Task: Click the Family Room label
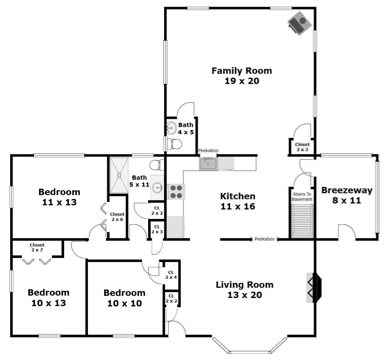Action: point(242,76)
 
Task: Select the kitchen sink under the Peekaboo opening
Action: point(208,164)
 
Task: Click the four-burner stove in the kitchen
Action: point(176,192)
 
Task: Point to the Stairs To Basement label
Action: point(302,197)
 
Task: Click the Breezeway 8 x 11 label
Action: point(347,195)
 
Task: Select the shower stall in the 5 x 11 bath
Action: point(119,175)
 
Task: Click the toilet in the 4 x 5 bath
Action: point(175,144)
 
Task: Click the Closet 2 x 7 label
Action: point(37,247)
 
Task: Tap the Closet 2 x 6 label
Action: point(117,217)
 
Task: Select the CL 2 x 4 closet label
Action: point(171,275)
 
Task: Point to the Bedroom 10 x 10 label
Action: point(124,298)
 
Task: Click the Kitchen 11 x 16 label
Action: point(238,201)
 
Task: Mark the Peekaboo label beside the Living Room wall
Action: point(264,239)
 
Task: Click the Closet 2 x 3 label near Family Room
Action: point(302,147)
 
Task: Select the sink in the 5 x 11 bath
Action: point(157,188)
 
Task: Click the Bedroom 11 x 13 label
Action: point(59,197)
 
